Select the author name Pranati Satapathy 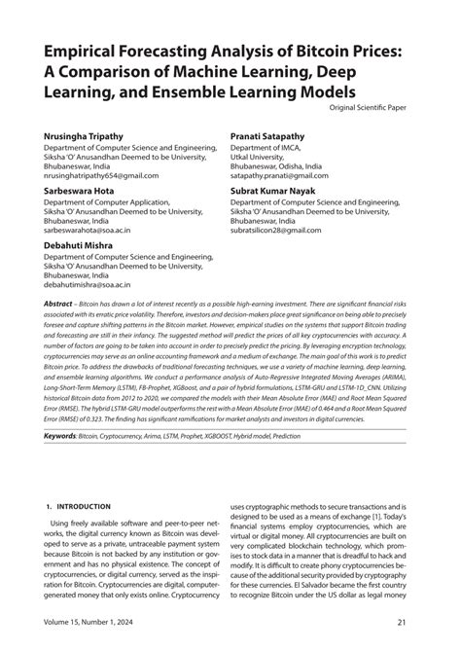271,128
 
